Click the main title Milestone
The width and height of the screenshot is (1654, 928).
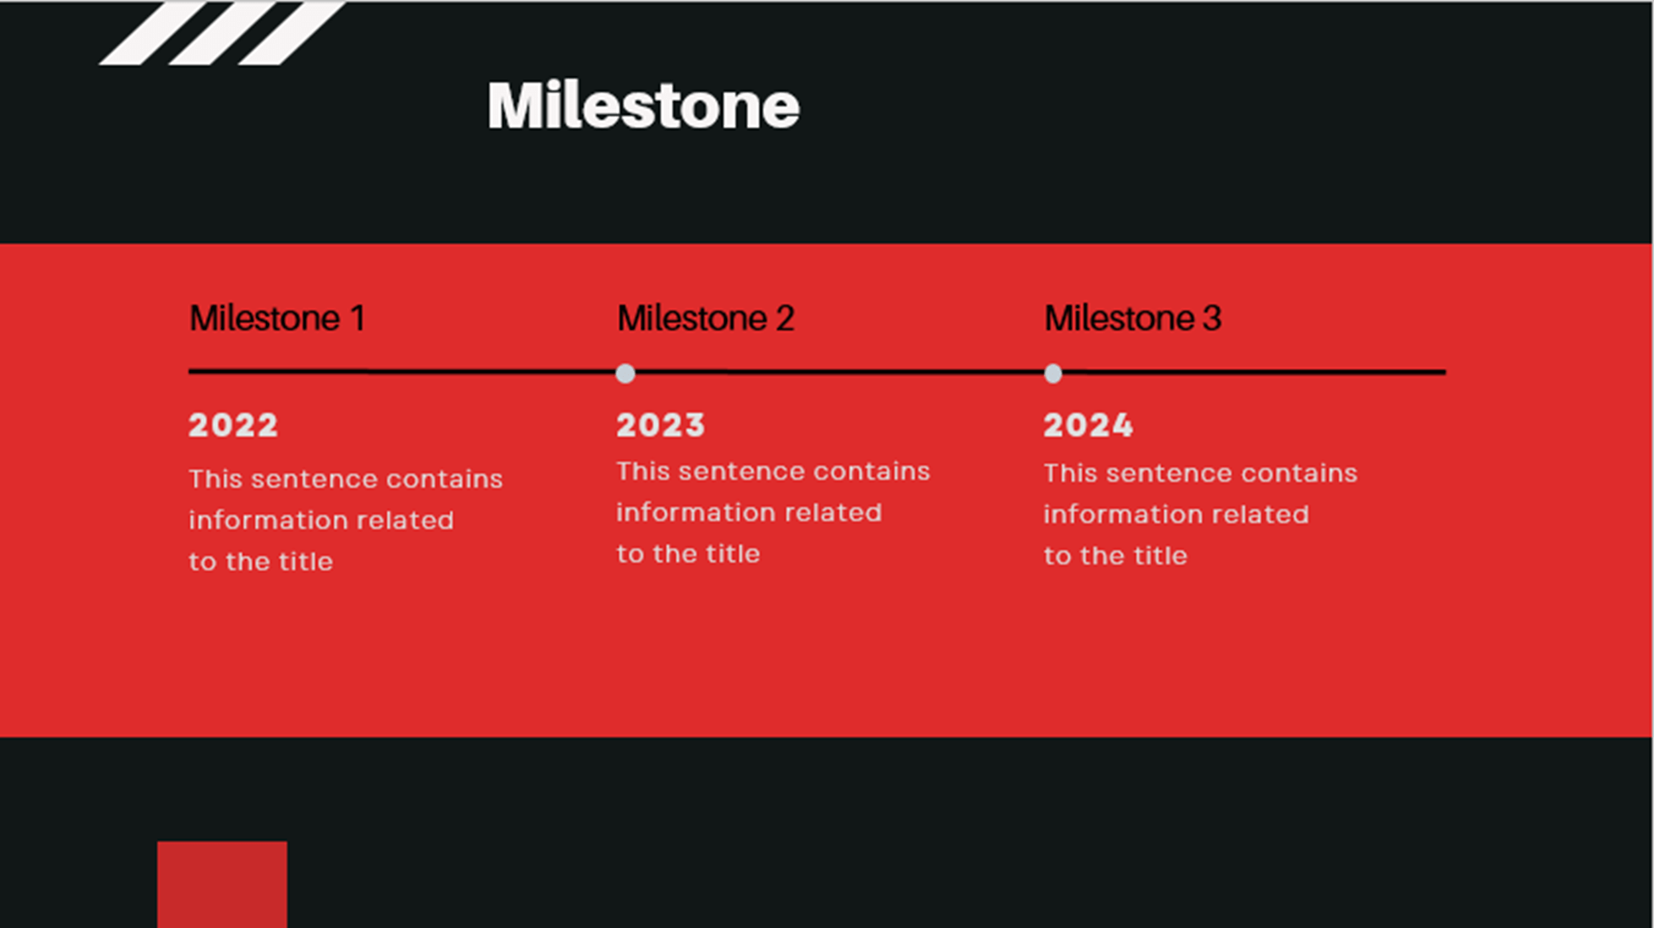pyautogui.click(x=643, y=106)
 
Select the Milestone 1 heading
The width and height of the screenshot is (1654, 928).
pyautogui.click(x=277, y=319)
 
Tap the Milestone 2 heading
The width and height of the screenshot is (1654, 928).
pyautogui.click(x=706, y=319)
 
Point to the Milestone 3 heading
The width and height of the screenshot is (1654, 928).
pyautogui.click(x=1133, y=319)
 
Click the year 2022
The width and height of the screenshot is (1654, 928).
pyautogui.click(x=233, y=425)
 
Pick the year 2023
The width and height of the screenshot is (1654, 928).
pyautogui.click(x=661, y=425)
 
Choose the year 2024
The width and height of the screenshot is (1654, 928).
pyautogui.click(x=1089, y=425)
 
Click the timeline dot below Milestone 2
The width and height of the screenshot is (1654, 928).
pyautogui.click(x=625, y=374)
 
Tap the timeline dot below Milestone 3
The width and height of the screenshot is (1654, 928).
pyautogui.click(x=1053, y=374)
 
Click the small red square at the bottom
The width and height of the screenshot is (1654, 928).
pyautogui.click(x=222, y=884)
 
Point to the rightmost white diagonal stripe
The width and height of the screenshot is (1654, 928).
pyautogui.click(x=292, y=32)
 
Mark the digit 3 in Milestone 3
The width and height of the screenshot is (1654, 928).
pyautogui.click(x=1212, y=319)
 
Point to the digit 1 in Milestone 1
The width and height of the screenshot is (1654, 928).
pyautogui.click(x=358, y=319)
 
